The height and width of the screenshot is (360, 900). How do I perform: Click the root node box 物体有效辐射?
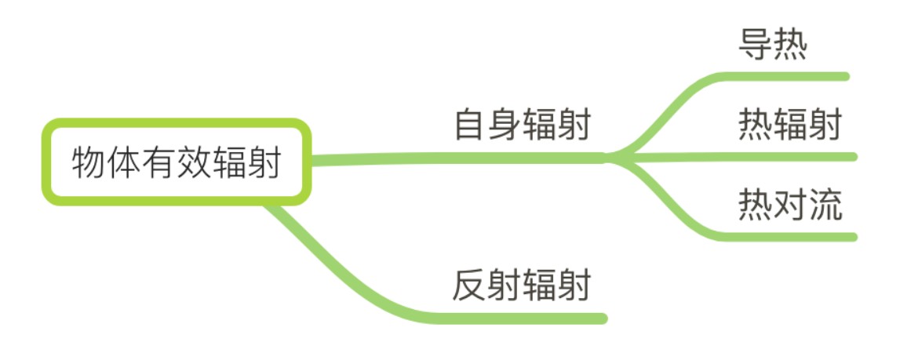click(x=176, y=162)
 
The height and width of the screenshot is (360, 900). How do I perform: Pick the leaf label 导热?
click(x=772, y=46)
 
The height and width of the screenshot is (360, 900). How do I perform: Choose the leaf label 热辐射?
click(x=789, y=125)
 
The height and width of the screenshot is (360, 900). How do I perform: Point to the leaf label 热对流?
click(x=789, y=205)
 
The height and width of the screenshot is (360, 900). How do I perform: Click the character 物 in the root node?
click(x=88, y=163)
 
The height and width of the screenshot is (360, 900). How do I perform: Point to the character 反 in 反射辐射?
click(x=469, y=286)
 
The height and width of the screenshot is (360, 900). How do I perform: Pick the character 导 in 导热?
click(x=755, y=46)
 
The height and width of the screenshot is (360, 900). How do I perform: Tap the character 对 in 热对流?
click(x=789, y=205)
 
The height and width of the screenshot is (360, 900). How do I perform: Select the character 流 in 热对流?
click(x=825, y=205)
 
